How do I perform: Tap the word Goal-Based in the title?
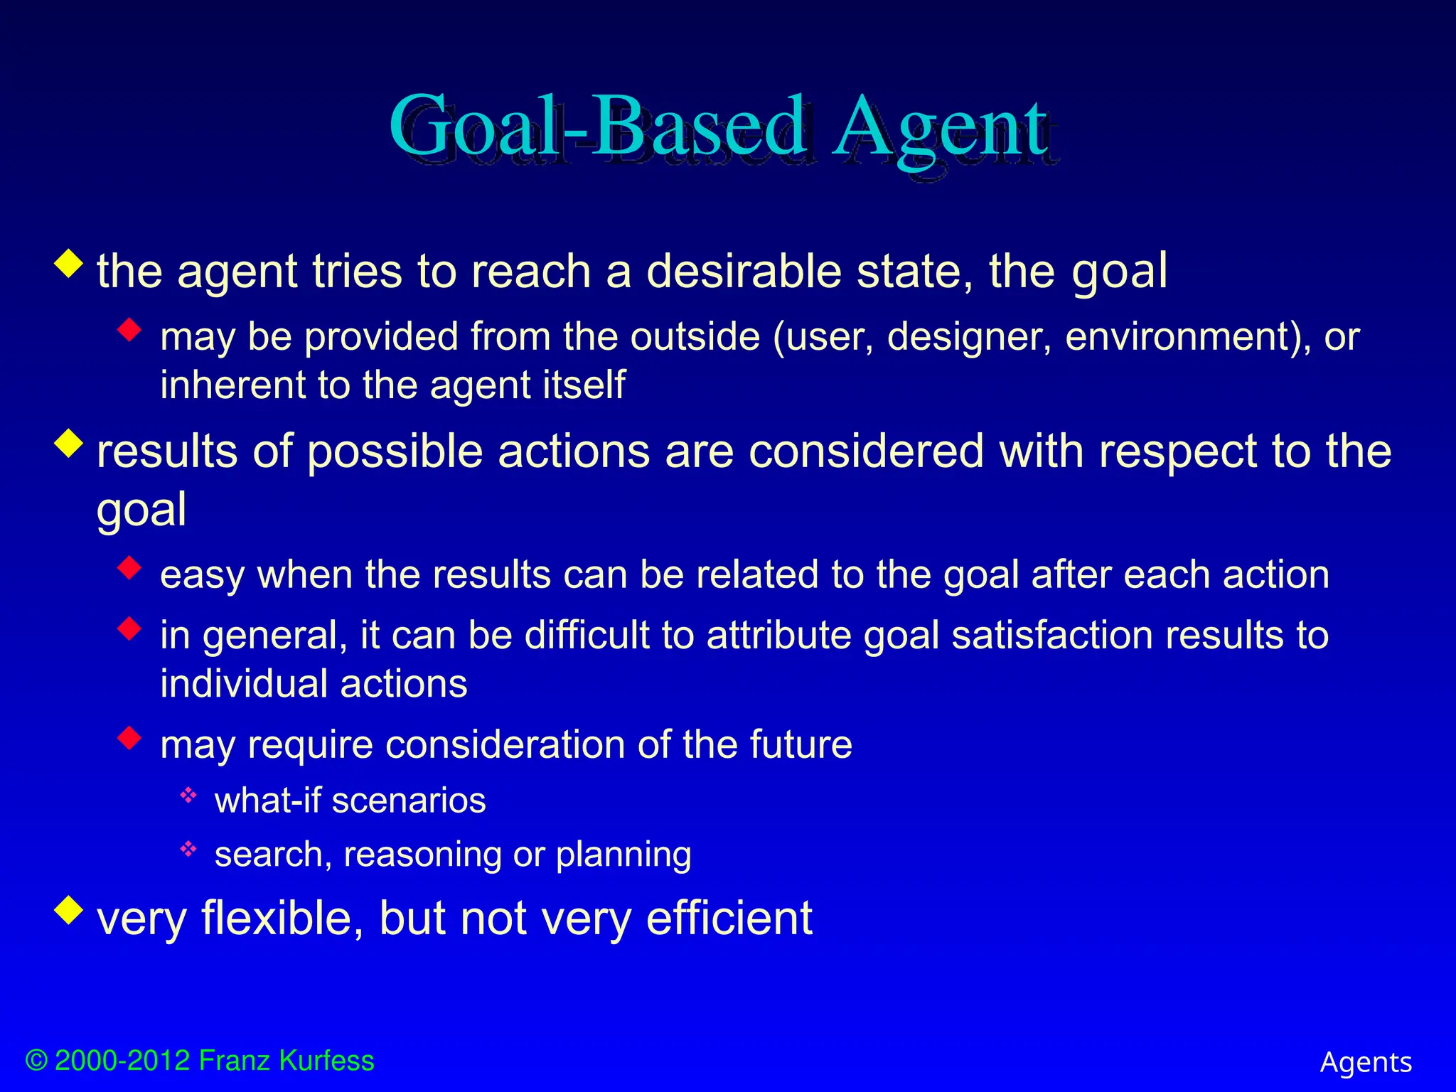(597, 128)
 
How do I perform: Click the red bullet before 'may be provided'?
(129, 329)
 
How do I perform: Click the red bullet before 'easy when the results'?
(129, 567)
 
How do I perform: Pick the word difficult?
(587, 635)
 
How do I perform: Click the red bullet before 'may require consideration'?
(129, 737)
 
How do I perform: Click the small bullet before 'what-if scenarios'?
(188, 796)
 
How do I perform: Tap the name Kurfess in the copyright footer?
(326, 1060)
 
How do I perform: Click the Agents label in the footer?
(1365, 1062)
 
